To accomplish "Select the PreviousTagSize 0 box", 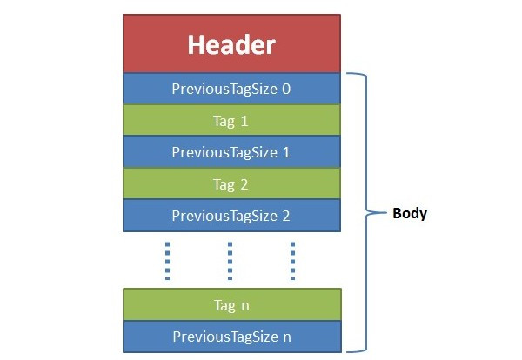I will click(x=231, y=88).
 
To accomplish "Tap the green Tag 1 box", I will click(x=231, y=120).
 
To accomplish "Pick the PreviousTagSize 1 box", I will click(x=231, y=151).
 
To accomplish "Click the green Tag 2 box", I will click(x=231, y=183).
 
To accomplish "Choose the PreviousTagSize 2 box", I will click(x=231, y=215).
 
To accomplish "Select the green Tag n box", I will click(x=231, y=305).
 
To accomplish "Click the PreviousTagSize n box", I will click(x=231, y=337).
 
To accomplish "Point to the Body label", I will click(x=410, y=212).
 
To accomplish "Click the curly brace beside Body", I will click(x=365, y=212).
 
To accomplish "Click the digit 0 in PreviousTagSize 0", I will click(x=285, y=88).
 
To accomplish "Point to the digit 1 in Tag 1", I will click(x=245, y=120).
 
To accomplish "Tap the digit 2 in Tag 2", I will click(x=245, y=183).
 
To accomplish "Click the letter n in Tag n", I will click(x=245, y=306).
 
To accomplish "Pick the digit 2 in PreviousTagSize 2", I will click(x=285, y=215).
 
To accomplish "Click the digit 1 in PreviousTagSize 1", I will click(x=285, y=151).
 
